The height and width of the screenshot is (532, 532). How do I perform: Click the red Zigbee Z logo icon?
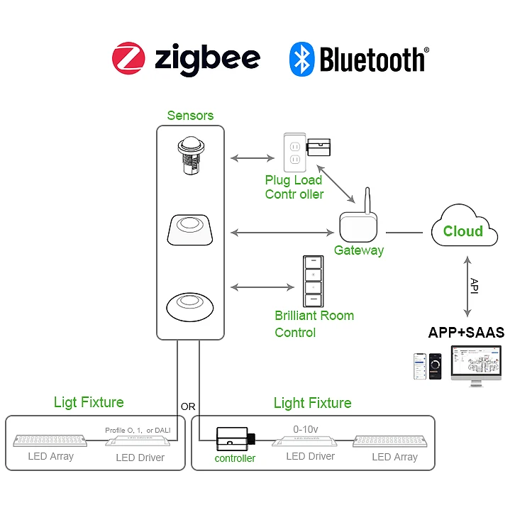[x=128, y=58]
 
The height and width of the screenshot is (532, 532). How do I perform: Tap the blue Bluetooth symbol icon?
[x=301, y=59]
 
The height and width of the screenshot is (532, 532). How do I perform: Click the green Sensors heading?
[x=190, y=116]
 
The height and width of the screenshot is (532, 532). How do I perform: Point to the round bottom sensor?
[x=190, y=304]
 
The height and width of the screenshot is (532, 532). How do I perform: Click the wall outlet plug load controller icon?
[x=294, y=152]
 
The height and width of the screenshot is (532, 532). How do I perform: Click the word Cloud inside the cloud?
[x=462, y=231]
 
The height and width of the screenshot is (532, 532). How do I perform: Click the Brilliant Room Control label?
[x=314, y=323]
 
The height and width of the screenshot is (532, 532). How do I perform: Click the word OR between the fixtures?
[x=188, y=407]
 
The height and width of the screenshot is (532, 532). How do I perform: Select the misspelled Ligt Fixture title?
[x=89, y=402]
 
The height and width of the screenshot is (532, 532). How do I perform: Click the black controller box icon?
[x=233, y=440]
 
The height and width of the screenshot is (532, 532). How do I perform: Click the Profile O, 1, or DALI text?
[x=138, y=430]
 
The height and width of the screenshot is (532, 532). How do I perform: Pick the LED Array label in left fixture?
[x=50, y=456]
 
